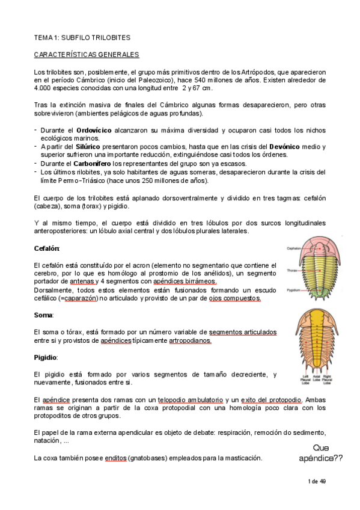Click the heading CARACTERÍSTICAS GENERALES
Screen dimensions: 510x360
click(87, 55)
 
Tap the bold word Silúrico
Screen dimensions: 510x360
click(88, 147)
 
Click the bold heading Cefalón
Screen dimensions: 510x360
click(47, 248)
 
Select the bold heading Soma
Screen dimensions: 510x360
click(43, 315)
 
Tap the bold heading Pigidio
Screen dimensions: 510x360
click(45, 357)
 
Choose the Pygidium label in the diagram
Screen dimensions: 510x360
click(293, 289)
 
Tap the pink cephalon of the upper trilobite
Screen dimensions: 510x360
click(323, 243)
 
